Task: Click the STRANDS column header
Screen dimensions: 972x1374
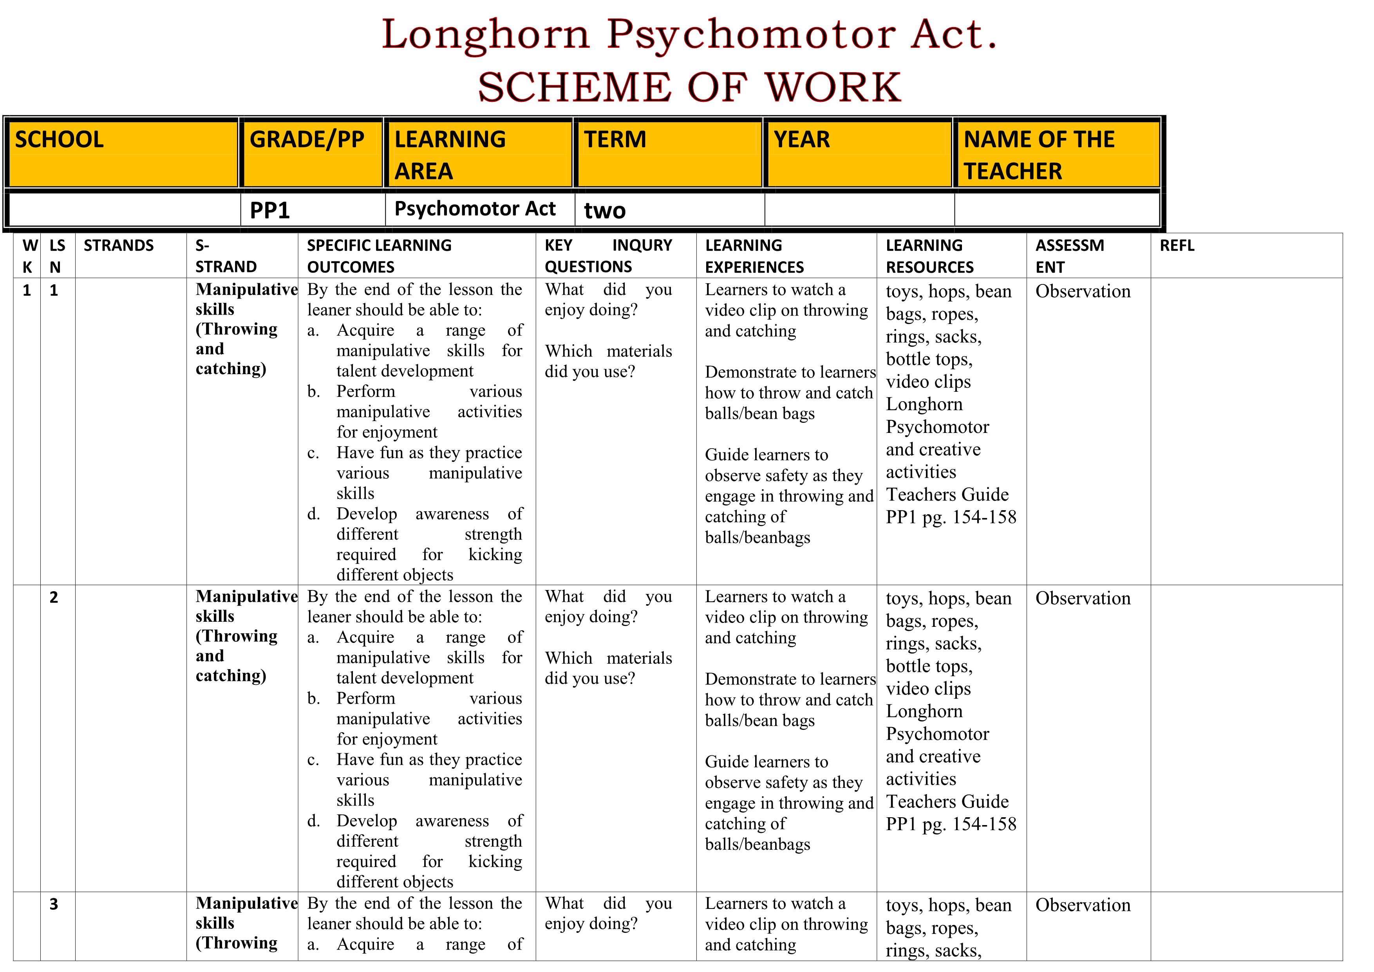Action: [119, 246]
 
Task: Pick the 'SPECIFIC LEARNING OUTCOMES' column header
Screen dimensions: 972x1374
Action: [380, 256]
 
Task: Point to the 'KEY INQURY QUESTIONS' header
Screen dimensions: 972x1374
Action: [608, 256]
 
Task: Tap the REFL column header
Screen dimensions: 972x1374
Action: [1177, 246]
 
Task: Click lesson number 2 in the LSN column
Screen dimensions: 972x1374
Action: [54, 597]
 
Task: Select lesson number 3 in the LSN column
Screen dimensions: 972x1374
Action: [54, 904]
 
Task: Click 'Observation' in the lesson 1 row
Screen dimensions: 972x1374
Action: [1083, 291]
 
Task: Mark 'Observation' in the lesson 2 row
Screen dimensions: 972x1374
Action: [1083, 599]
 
